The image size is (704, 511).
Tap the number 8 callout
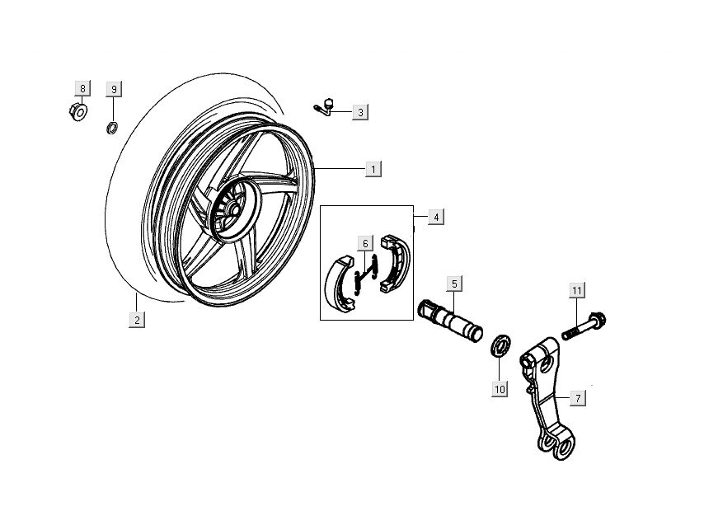[x=81, y=88]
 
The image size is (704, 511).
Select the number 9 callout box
[x=115, y=88]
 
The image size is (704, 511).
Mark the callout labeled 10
[x=499, y=388]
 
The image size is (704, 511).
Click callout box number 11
[x=577, y=290]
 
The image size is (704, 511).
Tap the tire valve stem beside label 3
[x=326, y=106]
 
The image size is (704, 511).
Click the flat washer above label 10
[x=499, y=345]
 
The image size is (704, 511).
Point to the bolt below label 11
[x=586, y=324]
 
